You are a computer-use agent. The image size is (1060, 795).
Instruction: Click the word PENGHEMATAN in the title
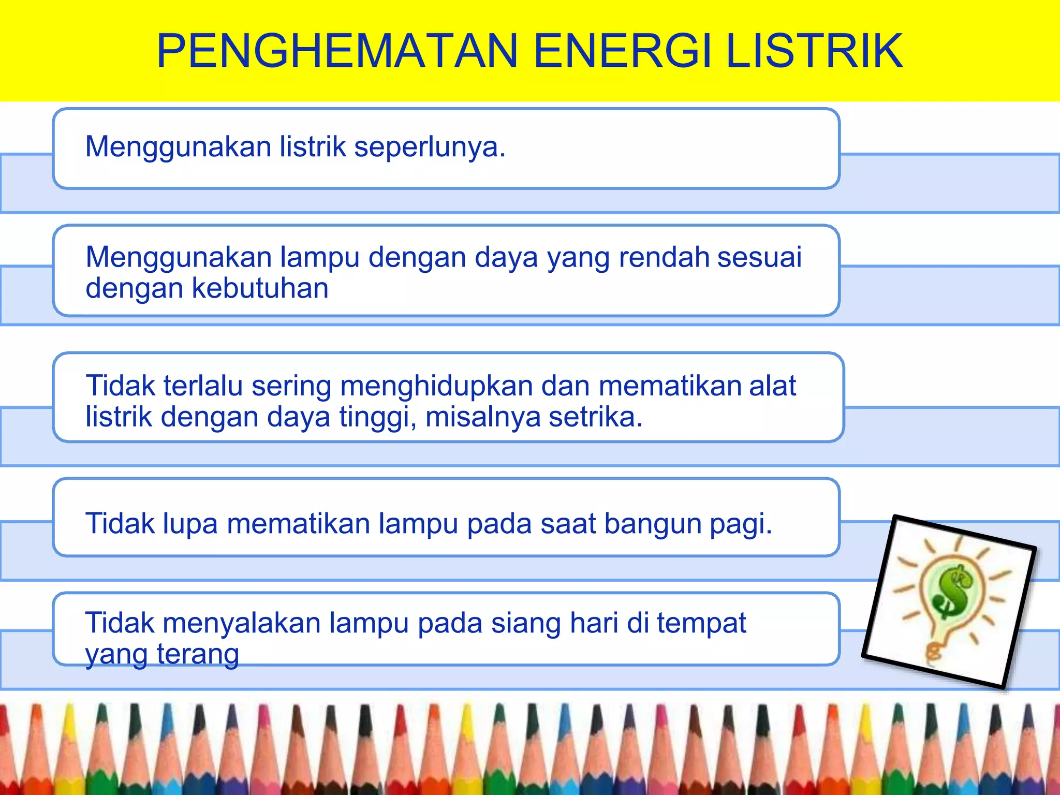coord(337,51)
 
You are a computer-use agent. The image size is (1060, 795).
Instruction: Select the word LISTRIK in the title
coord(815,51)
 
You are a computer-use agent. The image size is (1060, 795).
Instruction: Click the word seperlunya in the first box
coord(429,147)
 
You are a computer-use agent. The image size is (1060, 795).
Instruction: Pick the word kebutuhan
coord(260,288)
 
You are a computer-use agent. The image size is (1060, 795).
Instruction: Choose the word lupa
coord(190,524)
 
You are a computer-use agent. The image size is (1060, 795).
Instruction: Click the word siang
coord(526,623)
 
